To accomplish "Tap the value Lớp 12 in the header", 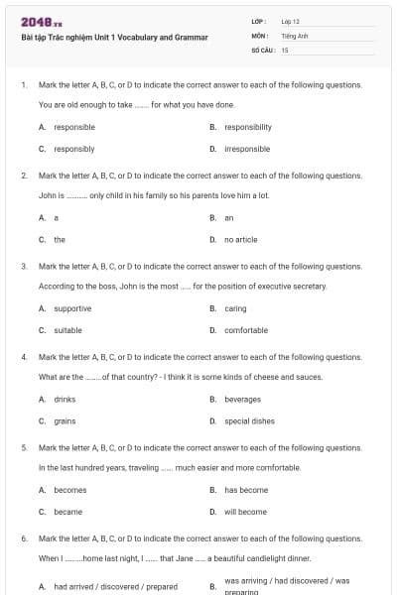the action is coord(291,21).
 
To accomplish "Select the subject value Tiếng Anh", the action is coord(293,35).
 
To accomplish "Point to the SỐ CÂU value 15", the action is coord(285,49).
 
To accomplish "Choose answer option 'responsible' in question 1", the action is coord(74,127).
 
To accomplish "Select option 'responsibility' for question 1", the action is coord(248,127).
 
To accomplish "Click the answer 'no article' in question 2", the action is coord(240,239).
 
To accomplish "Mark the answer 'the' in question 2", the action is coord(60,239).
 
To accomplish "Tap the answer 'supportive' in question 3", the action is coord(72,308).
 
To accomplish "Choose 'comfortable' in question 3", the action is coord(246,330).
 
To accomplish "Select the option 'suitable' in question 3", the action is coord(68,330).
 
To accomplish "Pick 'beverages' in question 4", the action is coord(243,399).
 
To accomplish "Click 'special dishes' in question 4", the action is coord(249,420).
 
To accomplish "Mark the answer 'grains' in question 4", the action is coord(66,420).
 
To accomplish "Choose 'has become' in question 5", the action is coord(246,490).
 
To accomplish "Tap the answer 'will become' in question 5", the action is coord(246,512).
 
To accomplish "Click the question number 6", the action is coord(23,538).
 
